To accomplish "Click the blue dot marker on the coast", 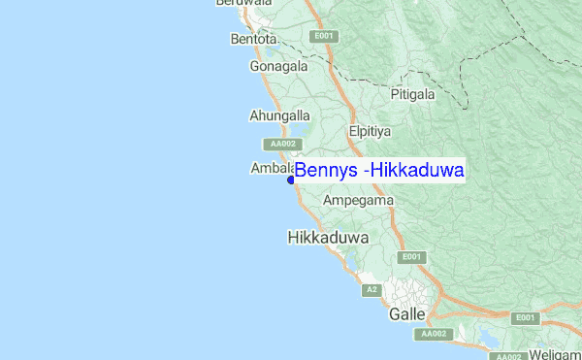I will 291,180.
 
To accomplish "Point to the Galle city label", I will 407,315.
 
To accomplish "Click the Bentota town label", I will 254,40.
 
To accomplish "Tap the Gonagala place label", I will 278,67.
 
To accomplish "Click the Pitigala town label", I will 415,94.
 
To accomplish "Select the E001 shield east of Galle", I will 525,318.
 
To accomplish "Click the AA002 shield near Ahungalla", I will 282,144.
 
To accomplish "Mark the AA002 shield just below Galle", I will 433,334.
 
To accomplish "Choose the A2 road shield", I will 371,290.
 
